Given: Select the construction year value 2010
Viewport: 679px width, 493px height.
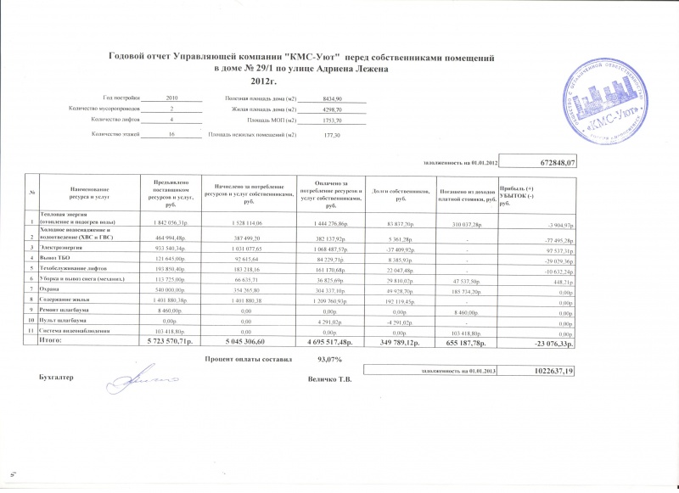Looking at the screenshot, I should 172,99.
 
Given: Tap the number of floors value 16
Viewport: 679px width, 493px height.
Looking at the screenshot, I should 172,135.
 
